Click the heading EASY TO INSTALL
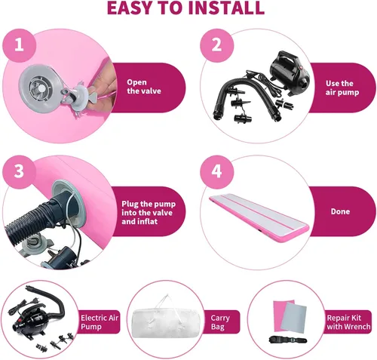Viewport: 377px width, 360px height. pos(185,8)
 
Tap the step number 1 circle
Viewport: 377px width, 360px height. pos(19,45)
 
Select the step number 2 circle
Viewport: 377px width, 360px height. pos(217,45)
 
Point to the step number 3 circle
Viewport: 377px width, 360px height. pos(19,172)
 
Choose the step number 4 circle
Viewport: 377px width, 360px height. pos(217,172)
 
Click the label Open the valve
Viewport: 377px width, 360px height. pos(144,87)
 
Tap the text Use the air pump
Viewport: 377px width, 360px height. pos(342,88)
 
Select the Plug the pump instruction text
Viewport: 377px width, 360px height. pos(149,213)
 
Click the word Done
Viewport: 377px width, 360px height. pos(340,211)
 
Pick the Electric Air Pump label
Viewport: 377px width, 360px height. pos(100,322)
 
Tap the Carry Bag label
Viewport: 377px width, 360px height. pos(220,322)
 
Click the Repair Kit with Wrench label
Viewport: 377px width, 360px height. pos(348,322)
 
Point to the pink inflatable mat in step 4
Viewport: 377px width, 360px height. pos(259,217)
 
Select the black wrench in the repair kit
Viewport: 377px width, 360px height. pos(287,340)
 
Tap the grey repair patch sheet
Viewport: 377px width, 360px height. pos(293,317)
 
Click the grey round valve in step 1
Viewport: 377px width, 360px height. pos(40,88)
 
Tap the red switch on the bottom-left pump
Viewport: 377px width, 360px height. pos(18,321)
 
